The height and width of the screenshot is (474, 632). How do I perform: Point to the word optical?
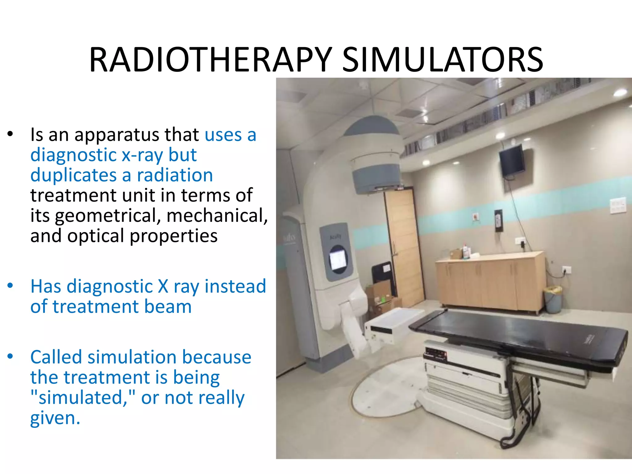pyautogui.click(x=96, y=236)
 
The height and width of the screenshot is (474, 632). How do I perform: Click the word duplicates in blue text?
pyautogui.click(x=73, y=175)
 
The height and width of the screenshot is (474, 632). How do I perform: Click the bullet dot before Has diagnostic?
pyautogui.click(x=10, y=286)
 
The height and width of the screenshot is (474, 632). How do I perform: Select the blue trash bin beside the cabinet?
pyautogui.click(x=553, y=299)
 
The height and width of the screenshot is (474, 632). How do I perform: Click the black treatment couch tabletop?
pyautogui.click(x=518, y=336)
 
